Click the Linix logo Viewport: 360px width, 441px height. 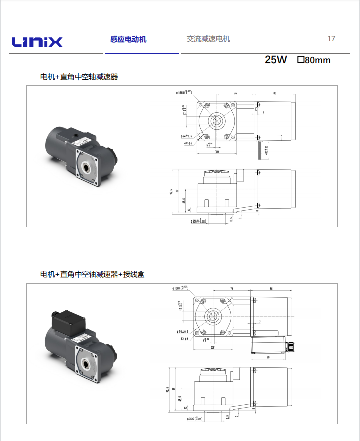click(x=36, y=41)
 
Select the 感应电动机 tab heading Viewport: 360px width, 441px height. click(x=128, y=39)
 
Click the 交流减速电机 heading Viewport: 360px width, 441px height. click(x=208, y=39)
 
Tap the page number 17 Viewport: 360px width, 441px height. click(x=331, y=39)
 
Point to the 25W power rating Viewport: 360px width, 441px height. click(x=276, y=60)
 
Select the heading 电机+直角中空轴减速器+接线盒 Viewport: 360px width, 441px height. click(x=92, y=274)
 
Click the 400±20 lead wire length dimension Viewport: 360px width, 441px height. click(x=266, y=149)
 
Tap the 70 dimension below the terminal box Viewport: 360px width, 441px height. click(x=268, y=357)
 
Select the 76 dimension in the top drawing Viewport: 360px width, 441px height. click(x=235, y=93)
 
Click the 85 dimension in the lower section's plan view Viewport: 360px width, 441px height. click(x=271, y=289)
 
